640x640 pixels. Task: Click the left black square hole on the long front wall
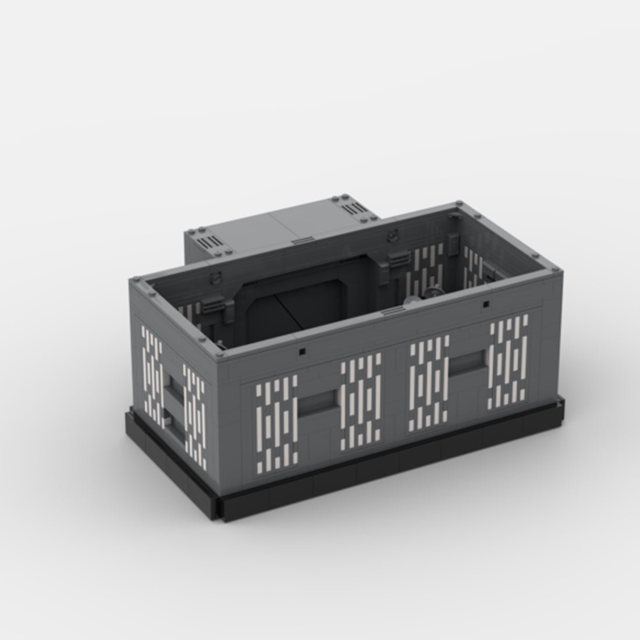pos(302,351)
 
